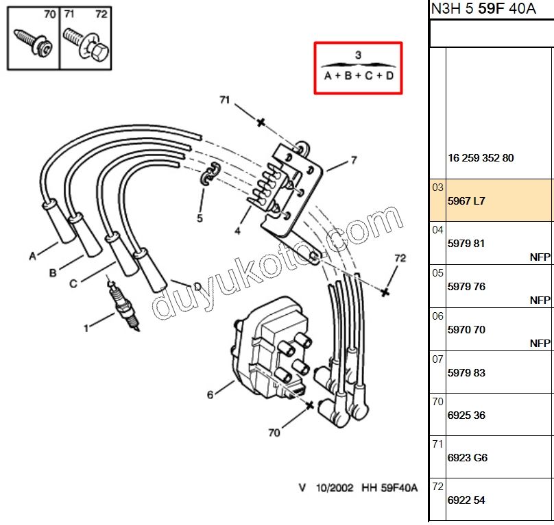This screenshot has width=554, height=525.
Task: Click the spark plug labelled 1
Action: tap(123, 306)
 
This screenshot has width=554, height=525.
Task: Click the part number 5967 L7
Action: tap(466, 201)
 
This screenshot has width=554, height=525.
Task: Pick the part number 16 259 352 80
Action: tap(481, 157)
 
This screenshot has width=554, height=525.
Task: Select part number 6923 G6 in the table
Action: tap(467, 458)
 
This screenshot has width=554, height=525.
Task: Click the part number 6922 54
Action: tap(466, 500)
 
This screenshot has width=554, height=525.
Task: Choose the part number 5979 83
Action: tap(466, 372)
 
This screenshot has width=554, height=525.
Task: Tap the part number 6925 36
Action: tap(466, 415)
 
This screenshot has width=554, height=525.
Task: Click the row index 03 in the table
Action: tap(437, 188)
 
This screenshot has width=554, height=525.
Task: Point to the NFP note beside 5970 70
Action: tap(540, 343)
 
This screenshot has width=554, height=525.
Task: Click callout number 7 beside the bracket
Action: tap(354, 160)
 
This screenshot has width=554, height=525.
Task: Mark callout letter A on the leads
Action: tap(32, 256)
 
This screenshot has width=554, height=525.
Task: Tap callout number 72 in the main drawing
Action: tap(400, 258)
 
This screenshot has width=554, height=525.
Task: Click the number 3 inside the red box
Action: tap(358, 55)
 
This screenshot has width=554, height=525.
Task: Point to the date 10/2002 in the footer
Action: tap(334, 488)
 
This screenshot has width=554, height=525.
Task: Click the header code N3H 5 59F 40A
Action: tap(483, 8)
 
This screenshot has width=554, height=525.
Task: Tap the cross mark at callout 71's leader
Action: tap(261, 123)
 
